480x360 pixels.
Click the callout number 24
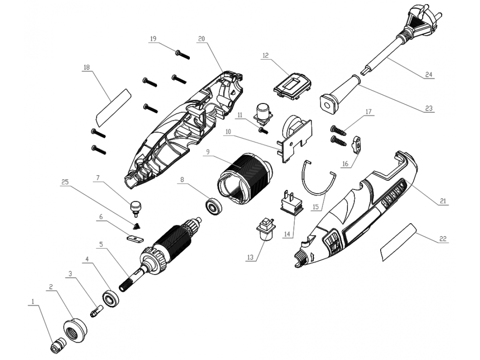coord(429,75)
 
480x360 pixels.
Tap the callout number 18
coord(87,67)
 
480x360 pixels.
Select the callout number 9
coord(208,152)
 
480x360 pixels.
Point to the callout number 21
coord(443,201)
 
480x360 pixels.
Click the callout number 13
coord(251,257)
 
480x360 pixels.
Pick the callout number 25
coord(65,182)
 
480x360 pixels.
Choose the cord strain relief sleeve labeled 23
coord(340,95)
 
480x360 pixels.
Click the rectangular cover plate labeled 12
coord(292,86)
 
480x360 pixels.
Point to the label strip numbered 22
coord(399,242)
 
